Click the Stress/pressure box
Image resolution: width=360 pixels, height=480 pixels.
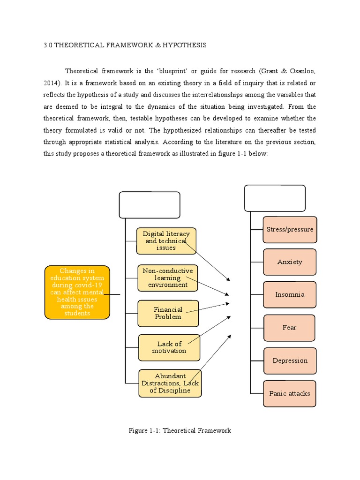pyautogui.click(x=290, y=230)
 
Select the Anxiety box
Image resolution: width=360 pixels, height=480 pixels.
pyautogui.click(x=290, y=262)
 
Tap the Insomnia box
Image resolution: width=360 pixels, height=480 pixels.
pyautogui.click(x=290, y=294)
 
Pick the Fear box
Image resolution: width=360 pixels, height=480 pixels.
pyautogui.click(x=289, y=328)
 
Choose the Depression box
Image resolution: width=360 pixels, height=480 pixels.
pyautogui.click(x=290, y=360)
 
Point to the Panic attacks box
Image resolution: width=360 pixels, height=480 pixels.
pyautogui.click(x=289, y=393)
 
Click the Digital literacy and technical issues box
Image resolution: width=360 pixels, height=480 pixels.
pyautogui.click(x=166, y=240)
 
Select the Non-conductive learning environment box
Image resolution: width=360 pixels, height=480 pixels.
pyautogui.click(x=167, y=278)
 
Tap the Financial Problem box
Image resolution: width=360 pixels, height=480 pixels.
pyautogui.click(x=168, y=313)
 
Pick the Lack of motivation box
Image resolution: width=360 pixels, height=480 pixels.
pyautogui.click(x=169, y=347)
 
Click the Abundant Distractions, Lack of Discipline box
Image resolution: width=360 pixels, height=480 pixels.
pyautogui.click(x=170, y=383)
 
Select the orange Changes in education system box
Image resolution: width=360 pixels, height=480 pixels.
pyautogui.click(x=77, y=292)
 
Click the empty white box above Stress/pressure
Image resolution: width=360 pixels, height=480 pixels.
pyautogui.click(x=275, y=198)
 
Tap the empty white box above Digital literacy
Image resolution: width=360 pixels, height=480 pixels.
pyautogui.click(x=150, y=205)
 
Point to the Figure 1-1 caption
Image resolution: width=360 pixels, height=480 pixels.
pyautogui.click(x=180, y=430)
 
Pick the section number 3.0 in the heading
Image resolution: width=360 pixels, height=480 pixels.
pyautogui.click(x=48, y=45)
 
